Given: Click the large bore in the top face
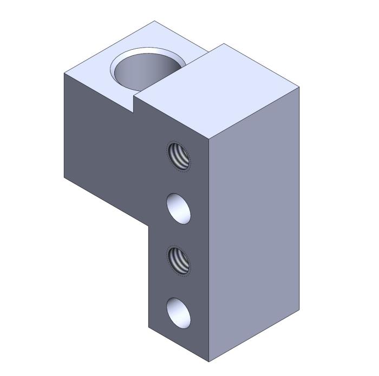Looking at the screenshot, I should point(145,72).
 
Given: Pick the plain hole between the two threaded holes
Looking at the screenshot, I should point(179,208).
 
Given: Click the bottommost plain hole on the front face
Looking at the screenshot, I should point(179,313).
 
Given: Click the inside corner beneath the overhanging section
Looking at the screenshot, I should point(149,226).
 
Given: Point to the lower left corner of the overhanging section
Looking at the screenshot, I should point(64,177).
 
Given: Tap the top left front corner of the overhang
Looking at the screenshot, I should point(64,73).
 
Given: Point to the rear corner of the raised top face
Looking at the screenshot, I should point(224,44).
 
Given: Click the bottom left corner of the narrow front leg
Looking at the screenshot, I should point(149,327).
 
